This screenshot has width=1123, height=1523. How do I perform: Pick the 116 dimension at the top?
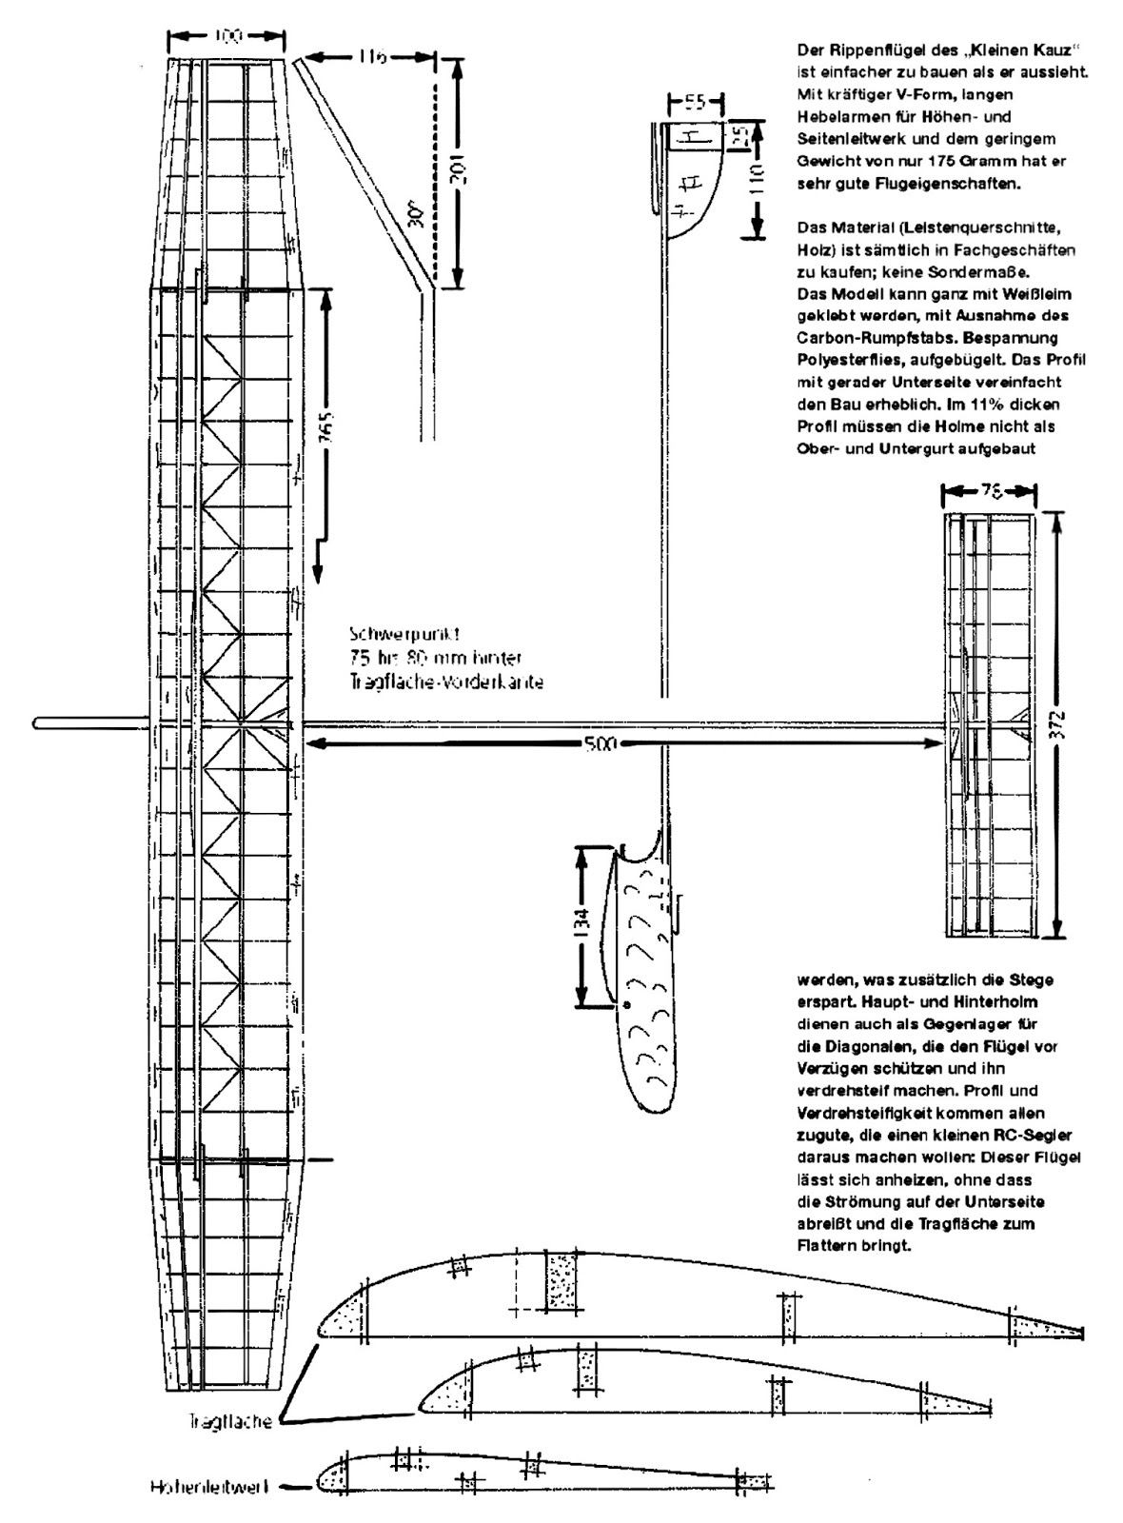[372, 58]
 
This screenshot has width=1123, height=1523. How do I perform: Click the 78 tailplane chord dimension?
[990, 491]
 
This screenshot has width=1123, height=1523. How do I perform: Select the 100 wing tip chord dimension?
[227, 36]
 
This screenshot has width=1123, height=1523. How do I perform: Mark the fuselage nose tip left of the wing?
[35, 722]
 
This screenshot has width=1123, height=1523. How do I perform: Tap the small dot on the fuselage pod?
[626, 1005]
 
